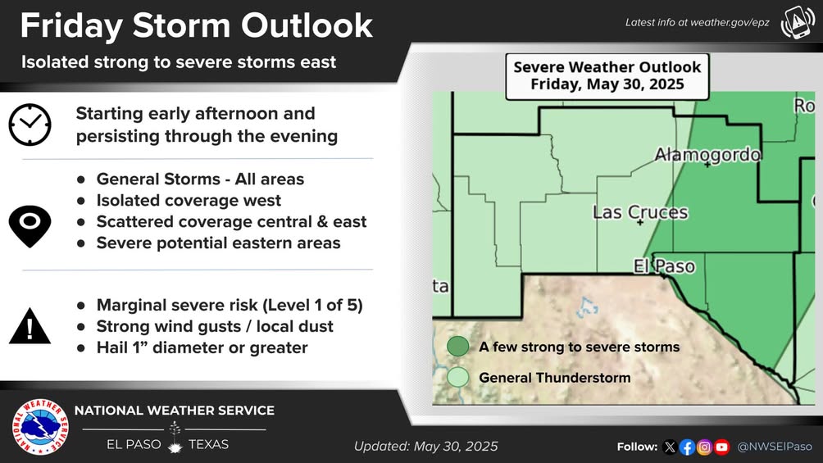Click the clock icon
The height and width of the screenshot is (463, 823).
coord(30,125)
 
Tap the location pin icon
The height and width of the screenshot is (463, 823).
coord(30,226)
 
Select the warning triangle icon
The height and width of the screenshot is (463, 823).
coord(30,326)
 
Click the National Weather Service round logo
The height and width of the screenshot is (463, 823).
coord(40,427)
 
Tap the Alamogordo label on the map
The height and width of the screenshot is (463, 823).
coord(707,154)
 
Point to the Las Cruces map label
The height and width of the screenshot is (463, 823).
coord(640,212)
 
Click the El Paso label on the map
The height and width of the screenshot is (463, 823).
coord(665,266)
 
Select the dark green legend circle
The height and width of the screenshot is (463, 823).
coord(457,347)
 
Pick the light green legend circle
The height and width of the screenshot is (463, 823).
coord(457,377)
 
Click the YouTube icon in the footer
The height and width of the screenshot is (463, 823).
coord(721,447)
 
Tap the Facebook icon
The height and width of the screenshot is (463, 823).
coord(687,447)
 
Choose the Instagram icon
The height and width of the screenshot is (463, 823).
coord(704,447)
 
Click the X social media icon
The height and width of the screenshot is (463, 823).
coord(670,447)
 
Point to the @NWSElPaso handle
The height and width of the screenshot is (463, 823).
coord(775,447)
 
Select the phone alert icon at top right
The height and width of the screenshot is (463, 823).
coord(798,23)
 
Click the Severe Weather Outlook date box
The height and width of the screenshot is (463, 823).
coord(607,77)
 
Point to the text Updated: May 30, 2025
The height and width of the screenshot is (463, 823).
coord(425,447)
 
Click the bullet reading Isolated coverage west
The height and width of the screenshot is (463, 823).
coord(189,201)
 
